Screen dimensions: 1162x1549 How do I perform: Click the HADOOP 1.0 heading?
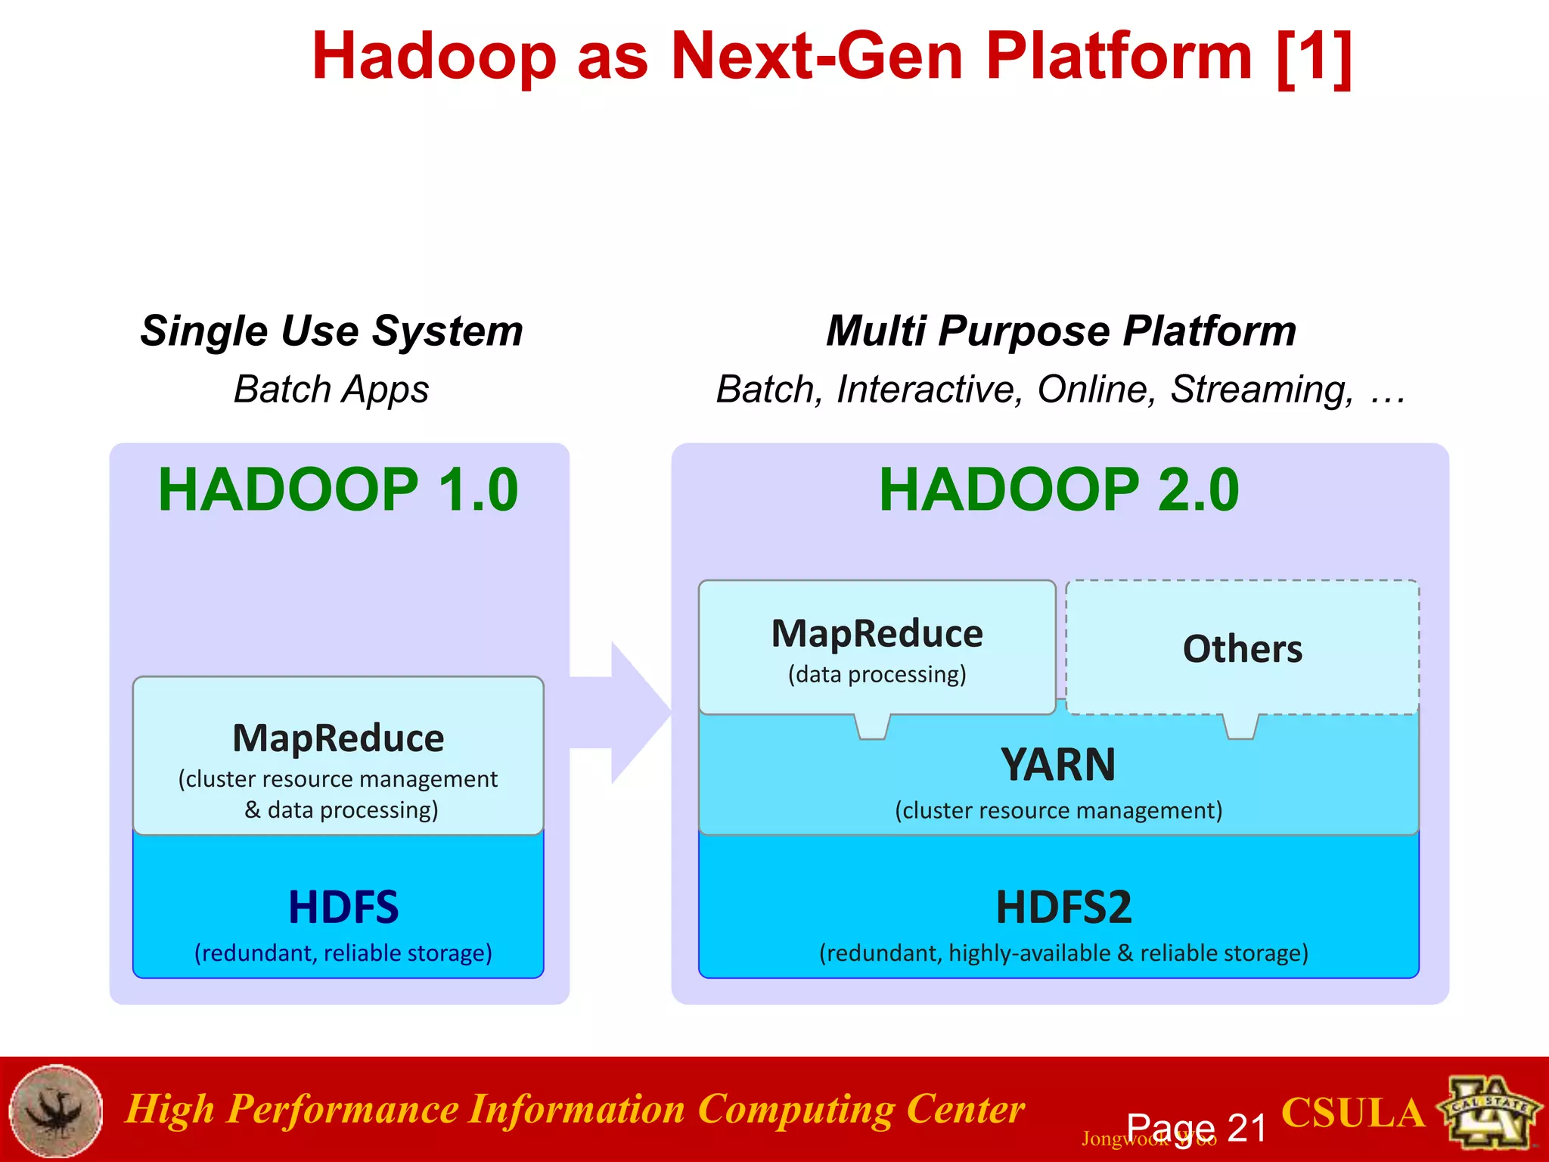(x=337, y=489)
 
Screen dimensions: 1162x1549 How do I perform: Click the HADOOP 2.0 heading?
(x=1059, y=489)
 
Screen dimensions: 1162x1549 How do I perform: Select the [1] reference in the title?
(x=1315, y=57)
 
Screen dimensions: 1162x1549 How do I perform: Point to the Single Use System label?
(x=331, y=331)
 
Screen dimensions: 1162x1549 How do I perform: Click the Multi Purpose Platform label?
(x=1060, y=331)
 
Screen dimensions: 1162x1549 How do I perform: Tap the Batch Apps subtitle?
(x=331, y=390)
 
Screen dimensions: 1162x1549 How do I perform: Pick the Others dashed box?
(x=1242, y=648)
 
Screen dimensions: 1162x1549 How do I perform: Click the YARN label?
(x=1057, y=764)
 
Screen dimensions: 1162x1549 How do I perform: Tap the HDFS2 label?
(x=1063, y=907)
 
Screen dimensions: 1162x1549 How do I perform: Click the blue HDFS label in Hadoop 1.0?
(x=343, y=907)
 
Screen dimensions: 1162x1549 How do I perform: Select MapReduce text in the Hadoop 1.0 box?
(x=338, y=738)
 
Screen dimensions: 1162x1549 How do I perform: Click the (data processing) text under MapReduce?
(x=877, y=674)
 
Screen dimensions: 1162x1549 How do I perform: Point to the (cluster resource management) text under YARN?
(x=1058, y=810)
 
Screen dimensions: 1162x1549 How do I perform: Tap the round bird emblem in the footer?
(x=56, y=1111)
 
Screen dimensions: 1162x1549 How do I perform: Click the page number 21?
(x=1246, y=1128)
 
